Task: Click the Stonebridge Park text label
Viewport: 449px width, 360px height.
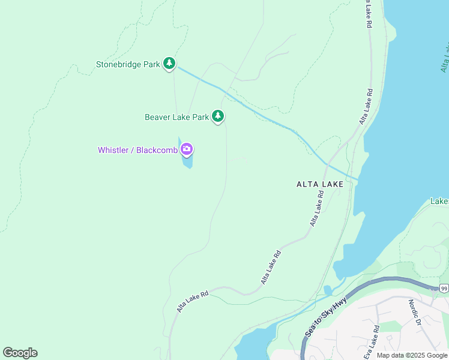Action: click(128, 64)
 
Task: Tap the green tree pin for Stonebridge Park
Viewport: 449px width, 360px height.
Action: click(170, 63)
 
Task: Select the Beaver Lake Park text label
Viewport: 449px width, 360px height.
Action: click(176, 117)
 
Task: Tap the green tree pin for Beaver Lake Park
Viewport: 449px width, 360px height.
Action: click(218, 116)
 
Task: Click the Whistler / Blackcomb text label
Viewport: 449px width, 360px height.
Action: click(137, 150)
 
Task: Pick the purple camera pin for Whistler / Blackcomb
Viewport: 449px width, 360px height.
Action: click(187, 149)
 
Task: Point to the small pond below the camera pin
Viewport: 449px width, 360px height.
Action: click(187, 161)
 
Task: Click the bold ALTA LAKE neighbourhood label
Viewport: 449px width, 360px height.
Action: click(320, 184)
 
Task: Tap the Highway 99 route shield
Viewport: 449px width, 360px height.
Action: click(443, 289)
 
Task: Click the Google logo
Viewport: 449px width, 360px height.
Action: click(20, 353)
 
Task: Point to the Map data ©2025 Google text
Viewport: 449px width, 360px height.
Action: click(412, 355)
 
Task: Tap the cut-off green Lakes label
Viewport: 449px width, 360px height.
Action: click(439, 202)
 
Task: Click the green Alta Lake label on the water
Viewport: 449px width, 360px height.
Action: click(444, 57)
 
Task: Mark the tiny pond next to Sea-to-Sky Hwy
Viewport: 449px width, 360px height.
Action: click(327, 290)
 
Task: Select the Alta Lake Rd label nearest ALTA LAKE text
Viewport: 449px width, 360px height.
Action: click(317, 208)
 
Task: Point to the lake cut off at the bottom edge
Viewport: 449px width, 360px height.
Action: click(252, 347)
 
